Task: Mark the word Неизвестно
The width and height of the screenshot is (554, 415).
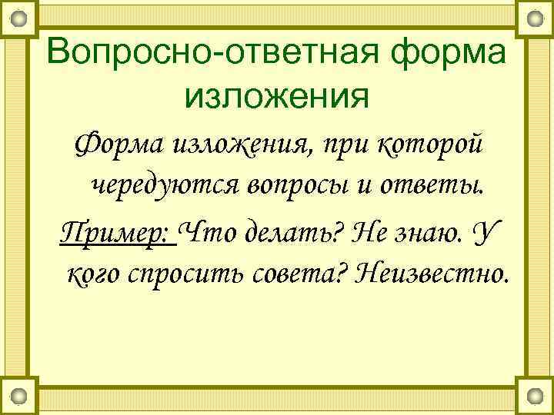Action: (x=433, y=271)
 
